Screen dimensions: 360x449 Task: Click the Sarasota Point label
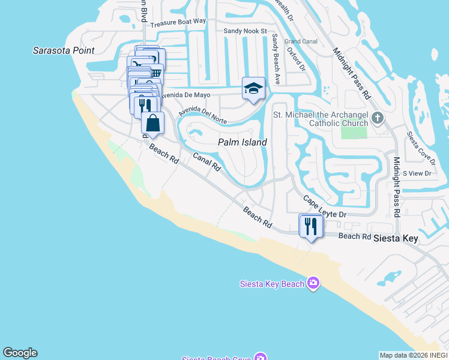[63, 50]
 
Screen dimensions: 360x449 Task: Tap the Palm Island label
[241, 142]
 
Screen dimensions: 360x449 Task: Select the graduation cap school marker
[253, 89]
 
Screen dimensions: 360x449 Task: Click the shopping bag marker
[153, 122]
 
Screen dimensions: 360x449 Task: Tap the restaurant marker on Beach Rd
[310, 226]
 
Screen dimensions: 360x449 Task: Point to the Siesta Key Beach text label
[271, 284]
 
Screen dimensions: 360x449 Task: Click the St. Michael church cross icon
[377, 118]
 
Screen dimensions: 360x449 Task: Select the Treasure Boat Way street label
[178, 22]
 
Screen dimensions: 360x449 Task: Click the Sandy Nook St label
[245, 31]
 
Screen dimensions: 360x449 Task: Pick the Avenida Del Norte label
[202, 113]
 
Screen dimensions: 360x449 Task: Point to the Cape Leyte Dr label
[325, 206]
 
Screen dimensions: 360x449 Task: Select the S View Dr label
[417, 173]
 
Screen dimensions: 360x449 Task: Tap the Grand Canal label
[300, 41]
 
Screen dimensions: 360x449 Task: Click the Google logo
[20, 353]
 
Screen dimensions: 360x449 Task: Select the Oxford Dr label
[296, 60]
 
